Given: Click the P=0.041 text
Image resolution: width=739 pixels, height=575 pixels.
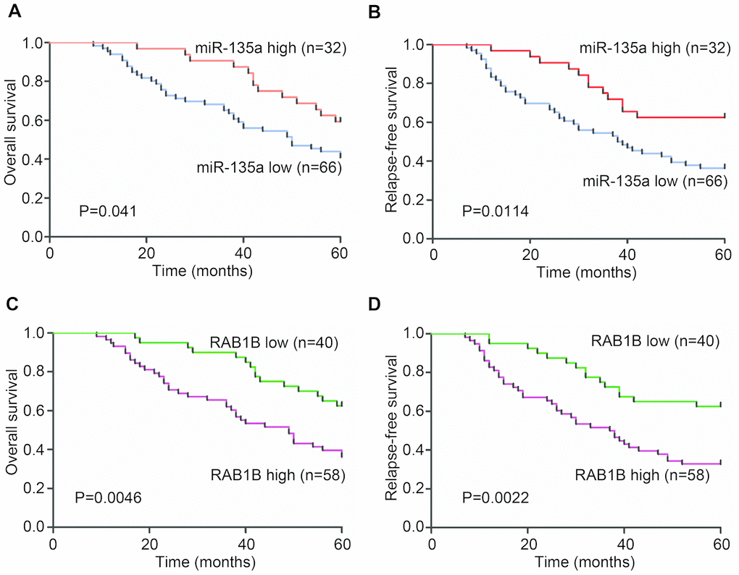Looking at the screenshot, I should tap(107, 212).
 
